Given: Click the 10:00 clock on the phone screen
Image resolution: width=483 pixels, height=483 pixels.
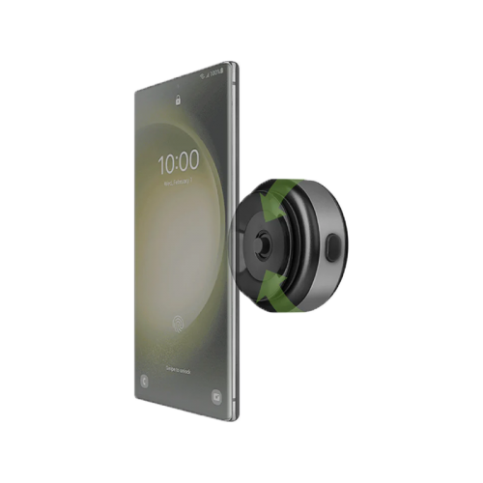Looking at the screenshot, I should (179, 161).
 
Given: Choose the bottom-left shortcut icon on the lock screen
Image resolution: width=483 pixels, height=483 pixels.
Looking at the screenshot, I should (144, 380).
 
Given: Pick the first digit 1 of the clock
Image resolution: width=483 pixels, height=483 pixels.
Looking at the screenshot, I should (160, 159).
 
